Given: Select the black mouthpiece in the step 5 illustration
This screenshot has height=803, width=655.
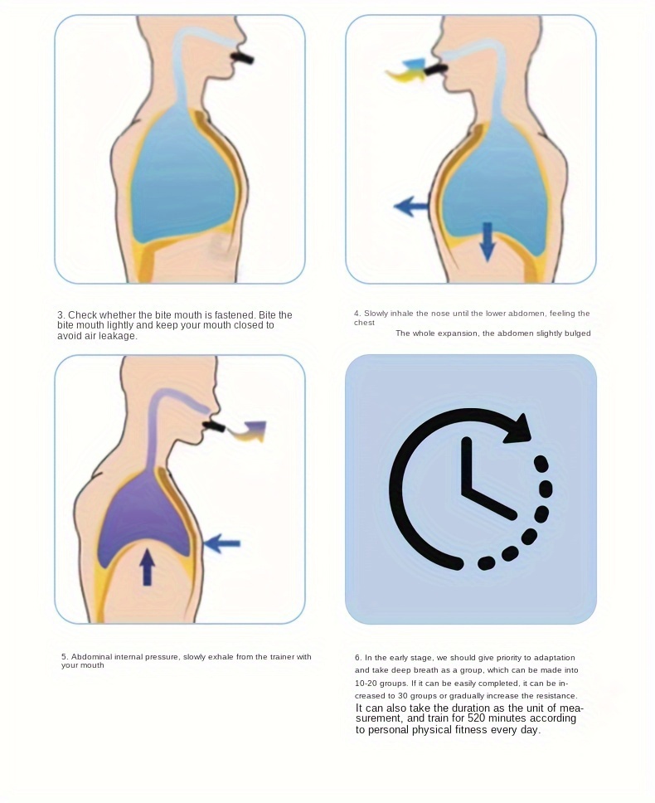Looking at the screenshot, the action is pyautogui.click(x=215, y=426).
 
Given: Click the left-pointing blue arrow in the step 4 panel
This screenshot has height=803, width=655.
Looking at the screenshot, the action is pyautogui.click(x=411, y=207).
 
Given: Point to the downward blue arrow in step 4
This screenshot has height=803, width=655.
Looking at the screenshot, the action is pyautogui.click(x=488, y=241).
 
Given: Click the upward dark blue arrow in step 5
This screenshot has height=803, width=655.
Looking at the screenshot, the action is pyautogui.click(x=148, y=567).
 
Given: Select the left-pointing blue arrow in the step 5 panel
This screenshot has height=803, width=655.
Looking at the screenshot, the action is pyautogui.click(x=221, y=543).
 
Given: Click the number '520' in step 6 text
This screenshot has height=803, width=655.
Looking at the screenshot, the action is pyautogui.click(x=477, y=718).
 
